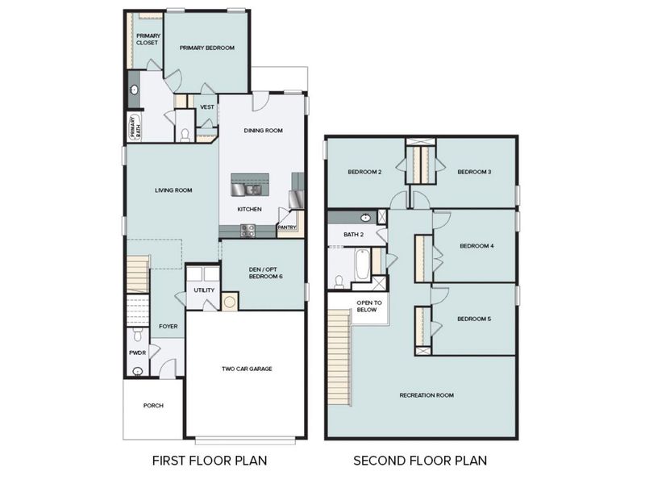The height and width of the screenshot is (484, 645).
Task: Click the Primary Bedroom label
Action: [206, 48]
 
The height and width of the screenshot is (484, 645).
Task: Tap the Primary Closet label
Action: [147, 40]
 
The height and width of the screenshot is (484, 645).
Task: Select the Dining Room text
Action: [263, 131]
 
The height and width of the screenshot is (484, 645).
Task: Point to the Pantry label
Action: [287, 227]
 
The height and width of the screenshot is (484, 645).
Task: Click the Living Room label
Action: [173, 190]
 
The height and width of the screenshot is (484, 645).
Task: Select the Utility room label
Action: [203, 290]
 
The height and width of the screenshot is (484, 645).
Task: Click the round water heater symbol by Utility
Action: [230, 302]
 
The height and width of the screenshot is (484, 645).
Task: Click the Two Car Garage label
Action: [247, 369]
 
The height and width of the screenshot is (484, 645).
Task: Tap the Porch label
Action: [153, 405]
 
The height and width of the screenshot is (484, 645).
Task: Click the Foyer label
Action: [168, 327]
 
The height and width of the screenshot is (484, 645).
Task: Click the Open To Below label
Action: [366, 306]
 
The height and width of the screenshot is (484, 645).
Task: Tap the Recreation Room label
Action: [427, 395]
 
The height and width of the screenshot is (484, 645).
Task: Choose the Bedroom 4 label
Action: [476, 246]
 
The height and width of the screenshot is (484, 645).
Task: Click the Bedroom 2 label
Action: [364, 172]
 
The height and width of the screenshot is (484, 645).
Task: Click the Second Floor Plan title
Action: [420, 461]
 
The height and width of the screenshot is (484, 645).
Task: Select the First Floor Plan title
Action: [210, 461]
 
